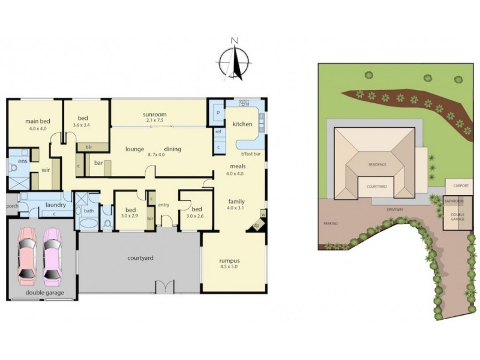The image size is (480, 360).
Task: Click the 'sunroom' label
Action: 154,114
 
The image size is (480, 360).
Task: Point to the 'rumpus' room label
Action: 230,260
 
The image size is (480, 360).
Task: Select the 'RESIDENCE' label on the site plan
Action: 377,164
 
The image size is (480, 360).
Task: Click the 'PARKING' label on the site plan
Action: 331,224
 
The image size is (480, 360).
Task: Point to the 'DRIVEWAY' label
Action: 395,210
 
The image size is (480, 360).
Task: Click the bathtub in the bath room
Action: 89,223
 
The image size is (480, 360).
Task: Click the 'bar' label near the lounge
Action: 96,162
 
